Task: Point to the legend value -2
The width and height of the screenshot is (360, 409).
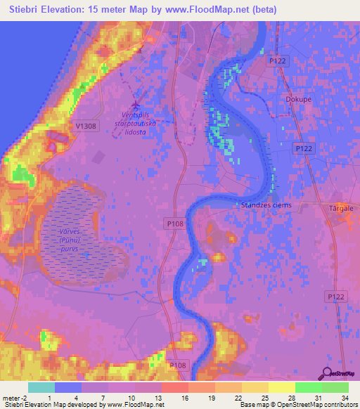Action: click(x=25, y=398)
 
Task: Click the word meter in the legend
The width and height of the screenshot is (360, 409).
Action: click(x=11, y=398)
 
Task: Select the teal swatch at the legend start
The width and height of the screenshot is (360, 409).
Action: click(x=41, y=387)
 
